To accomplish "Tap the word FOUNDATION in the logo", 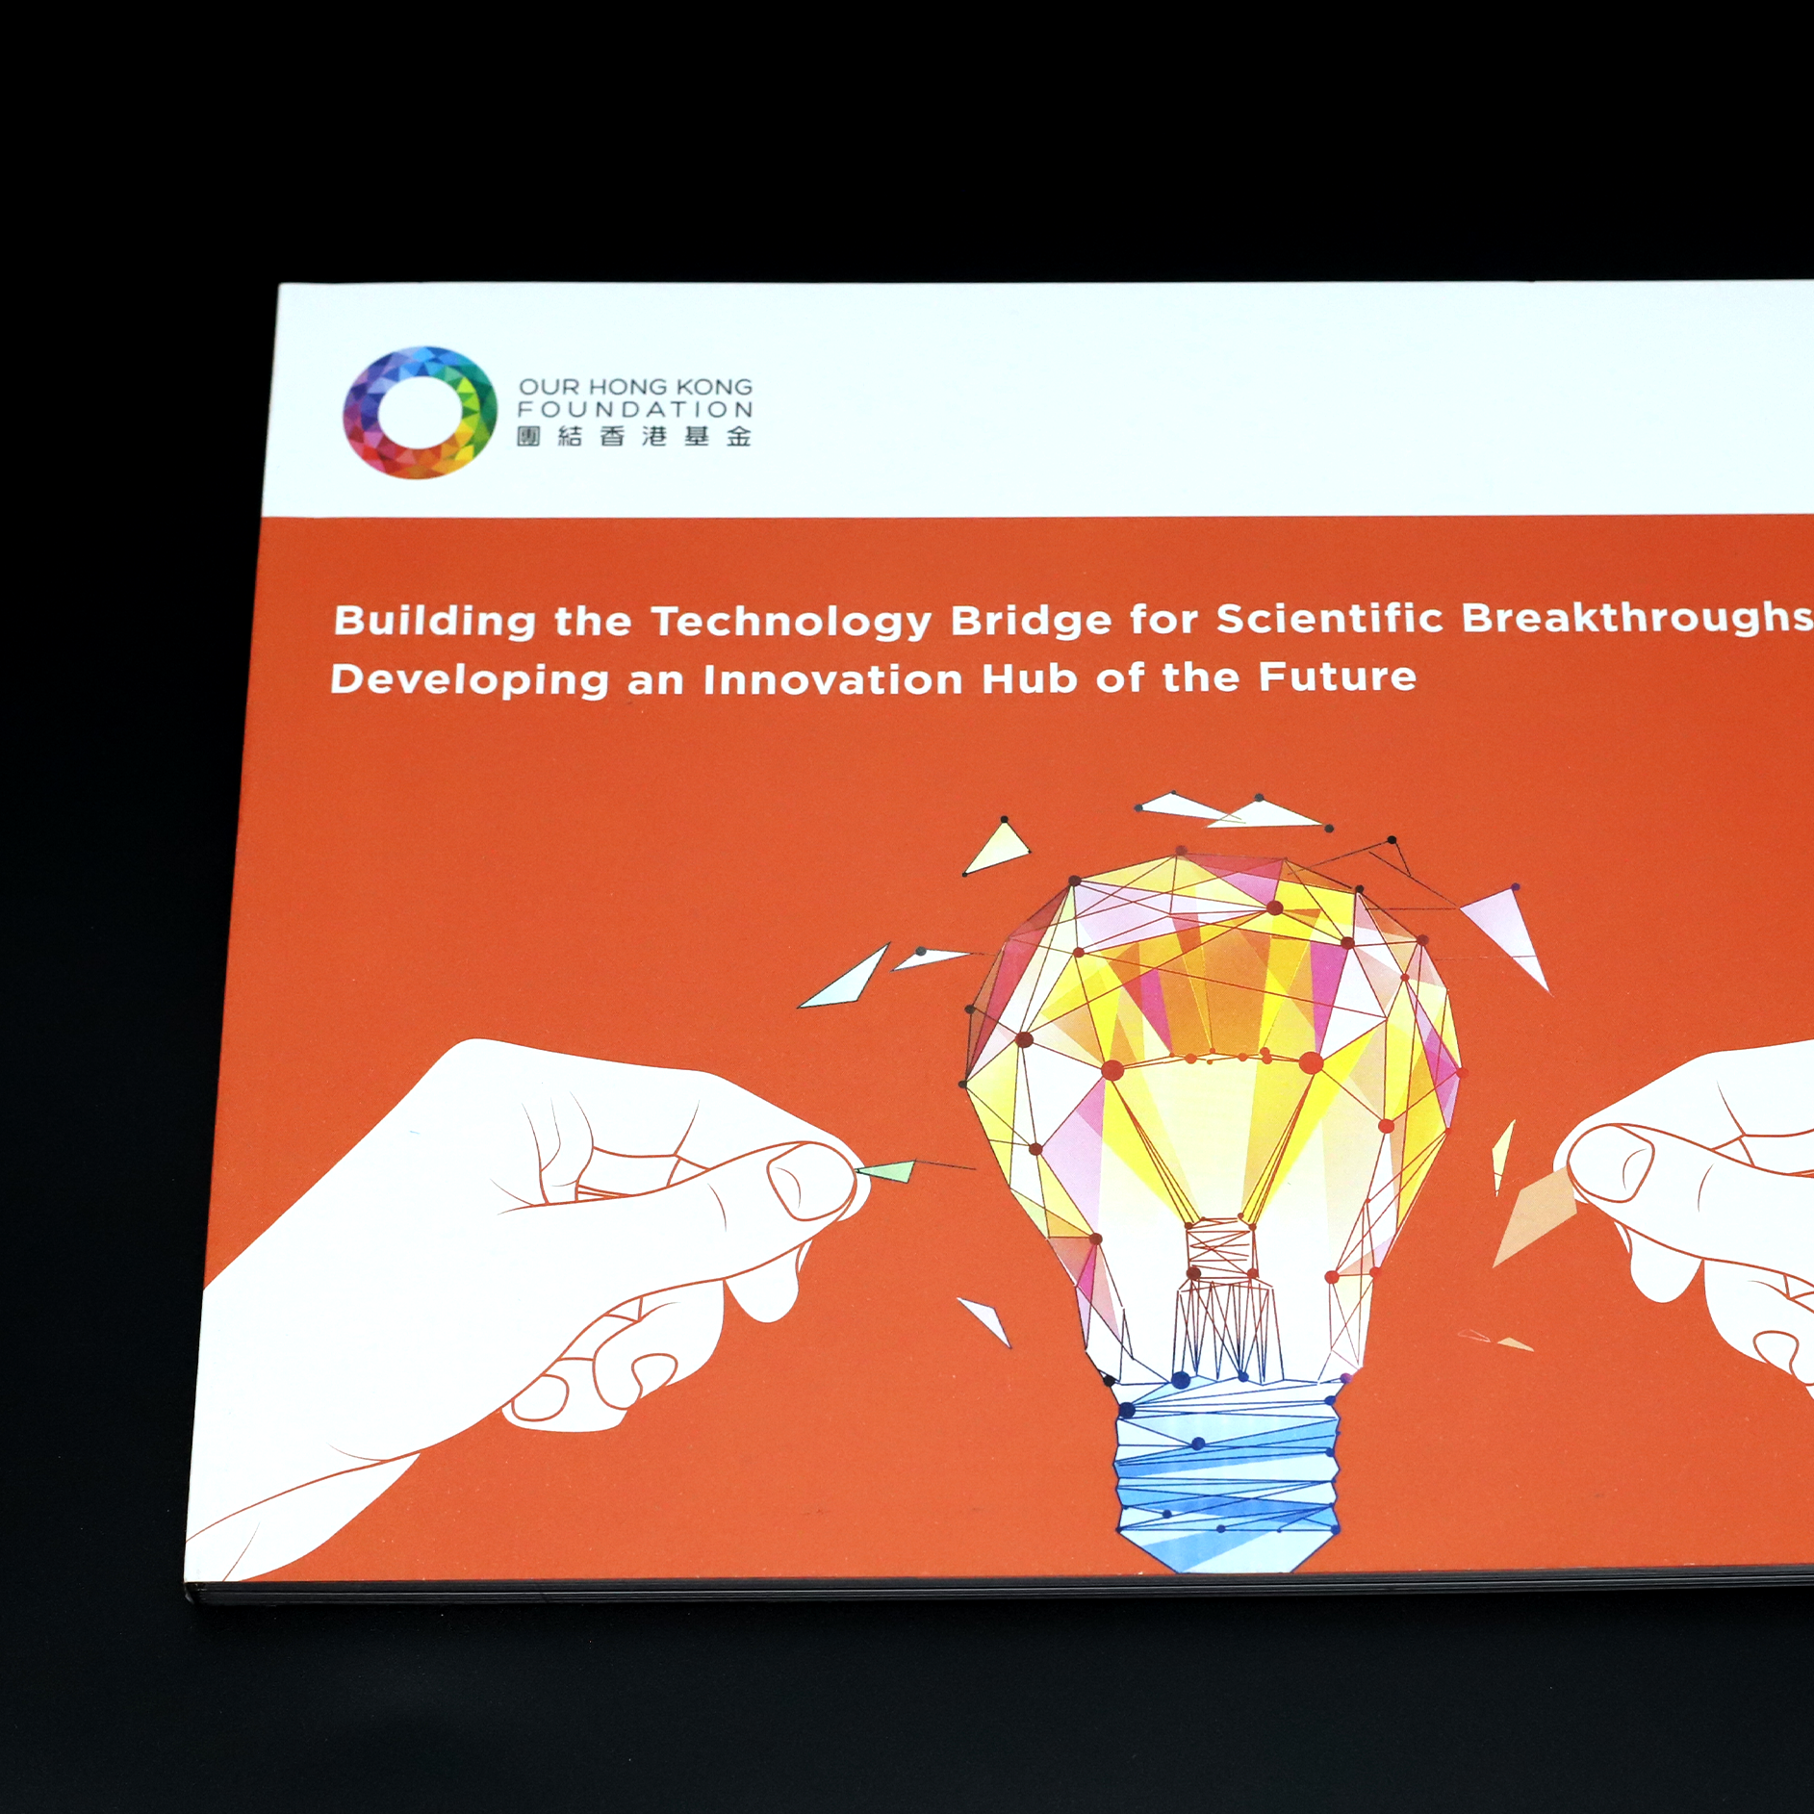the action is (x=635, y=410).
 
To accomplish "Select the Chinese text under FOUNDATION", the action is (x=634, y=437).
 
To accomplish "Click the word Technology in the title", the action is (x=792, y=622).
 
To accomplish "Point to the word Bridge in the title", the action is (x=1032, y=620).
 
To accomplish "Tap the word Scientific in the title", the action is (x=1330, y=618).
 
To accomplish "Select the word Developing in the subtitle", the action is (x=471, y=680).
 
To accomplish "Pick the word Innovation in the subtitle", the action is (x=833, y=679).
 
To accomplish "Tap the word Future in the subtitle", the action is (x=1338, y=677).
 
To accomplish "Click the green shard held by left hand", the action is (x=885, y=1171).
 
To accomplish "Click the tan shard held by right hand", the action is (x=1532, y=1217).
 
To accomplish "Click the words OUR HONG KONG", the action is (x=635, y=387).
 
